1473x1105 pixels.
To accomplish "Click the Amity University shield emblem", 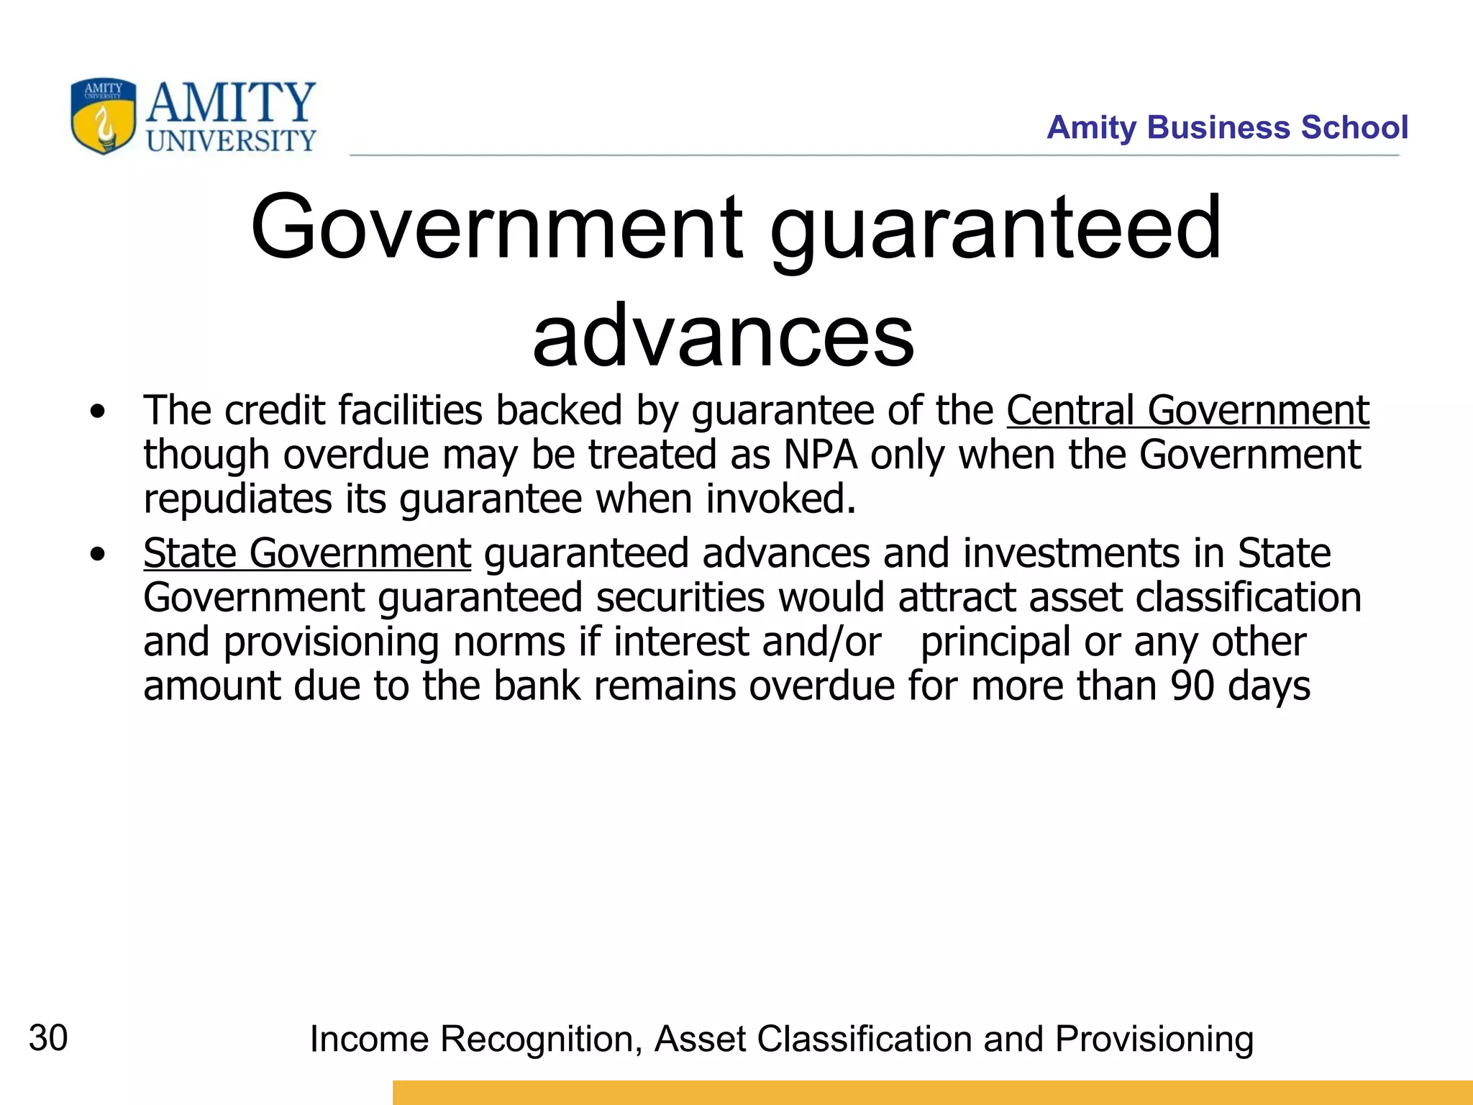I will pyautogui.click(x=104, y=117).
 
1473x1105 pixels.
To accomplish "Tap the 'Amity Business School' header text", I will pyautogui.click(x=1227, y=127).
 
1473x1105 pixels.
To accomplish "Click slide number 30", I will pyautogui.click(x=48, y=1038).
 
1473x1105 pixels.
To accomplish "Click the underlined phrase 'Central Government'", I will pyautogui.click(x=1187, y=411).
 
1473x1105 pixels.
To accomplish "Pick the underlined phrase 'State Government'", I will pyautogui.click(x=307, y=553).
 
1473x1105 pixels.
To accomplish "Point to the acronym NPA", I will pyautogui.click(x=820, y=455).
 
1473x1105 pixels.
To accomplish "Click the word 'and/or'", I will pyautogui.click(x=821, y=642).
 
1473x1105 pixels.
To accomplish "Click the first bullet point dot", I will pyautogui.click(x=98, y=412).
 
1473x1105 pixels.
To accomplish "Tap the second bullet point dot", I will pyautogui.click(x=98, y=555).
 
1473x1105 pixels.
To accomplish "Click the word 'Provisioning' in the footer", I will pyautogui.click(x=1154, y=1040).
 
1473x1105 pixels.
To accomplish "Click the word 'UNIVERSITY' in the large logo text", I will pyautogui.click(x=232, y=141).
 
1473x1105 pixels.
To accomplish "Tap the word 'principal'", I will pyautogui.click(x=995, y=642).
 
